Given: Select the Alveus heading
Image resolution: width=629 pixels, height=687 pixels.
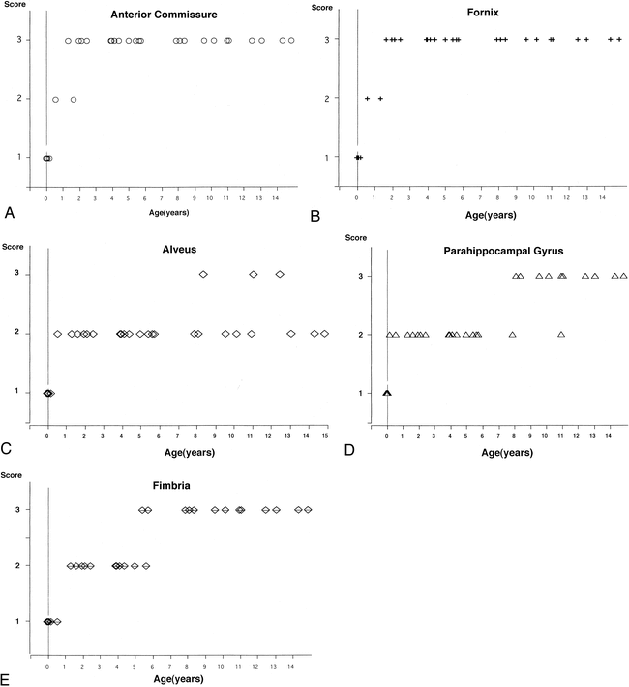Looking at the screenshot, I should tap(179, 249).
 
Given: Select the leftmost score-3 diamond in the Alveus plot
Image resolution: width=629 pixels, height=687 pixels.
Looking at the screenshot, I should tap(203, 275).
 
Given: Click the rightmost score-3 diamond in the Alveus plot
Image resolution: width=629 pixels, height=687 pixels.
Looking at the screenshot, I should tap(280, 275).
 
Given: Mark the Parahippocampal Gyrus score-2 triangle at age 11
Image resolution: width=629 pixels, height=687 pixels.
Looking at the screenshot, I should tap(561, 335).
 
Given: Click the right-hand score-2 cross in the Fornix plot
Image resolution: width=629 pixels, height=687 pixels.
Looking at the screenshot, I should tap(381, 99).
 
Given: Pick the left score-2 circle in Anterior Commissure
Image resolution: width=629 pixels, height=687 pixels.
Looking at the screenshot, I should tap(55, 100).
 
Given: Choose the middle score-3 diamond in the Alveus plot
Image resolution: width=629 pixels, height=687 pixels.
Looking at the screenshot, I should tap(254, 275).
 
